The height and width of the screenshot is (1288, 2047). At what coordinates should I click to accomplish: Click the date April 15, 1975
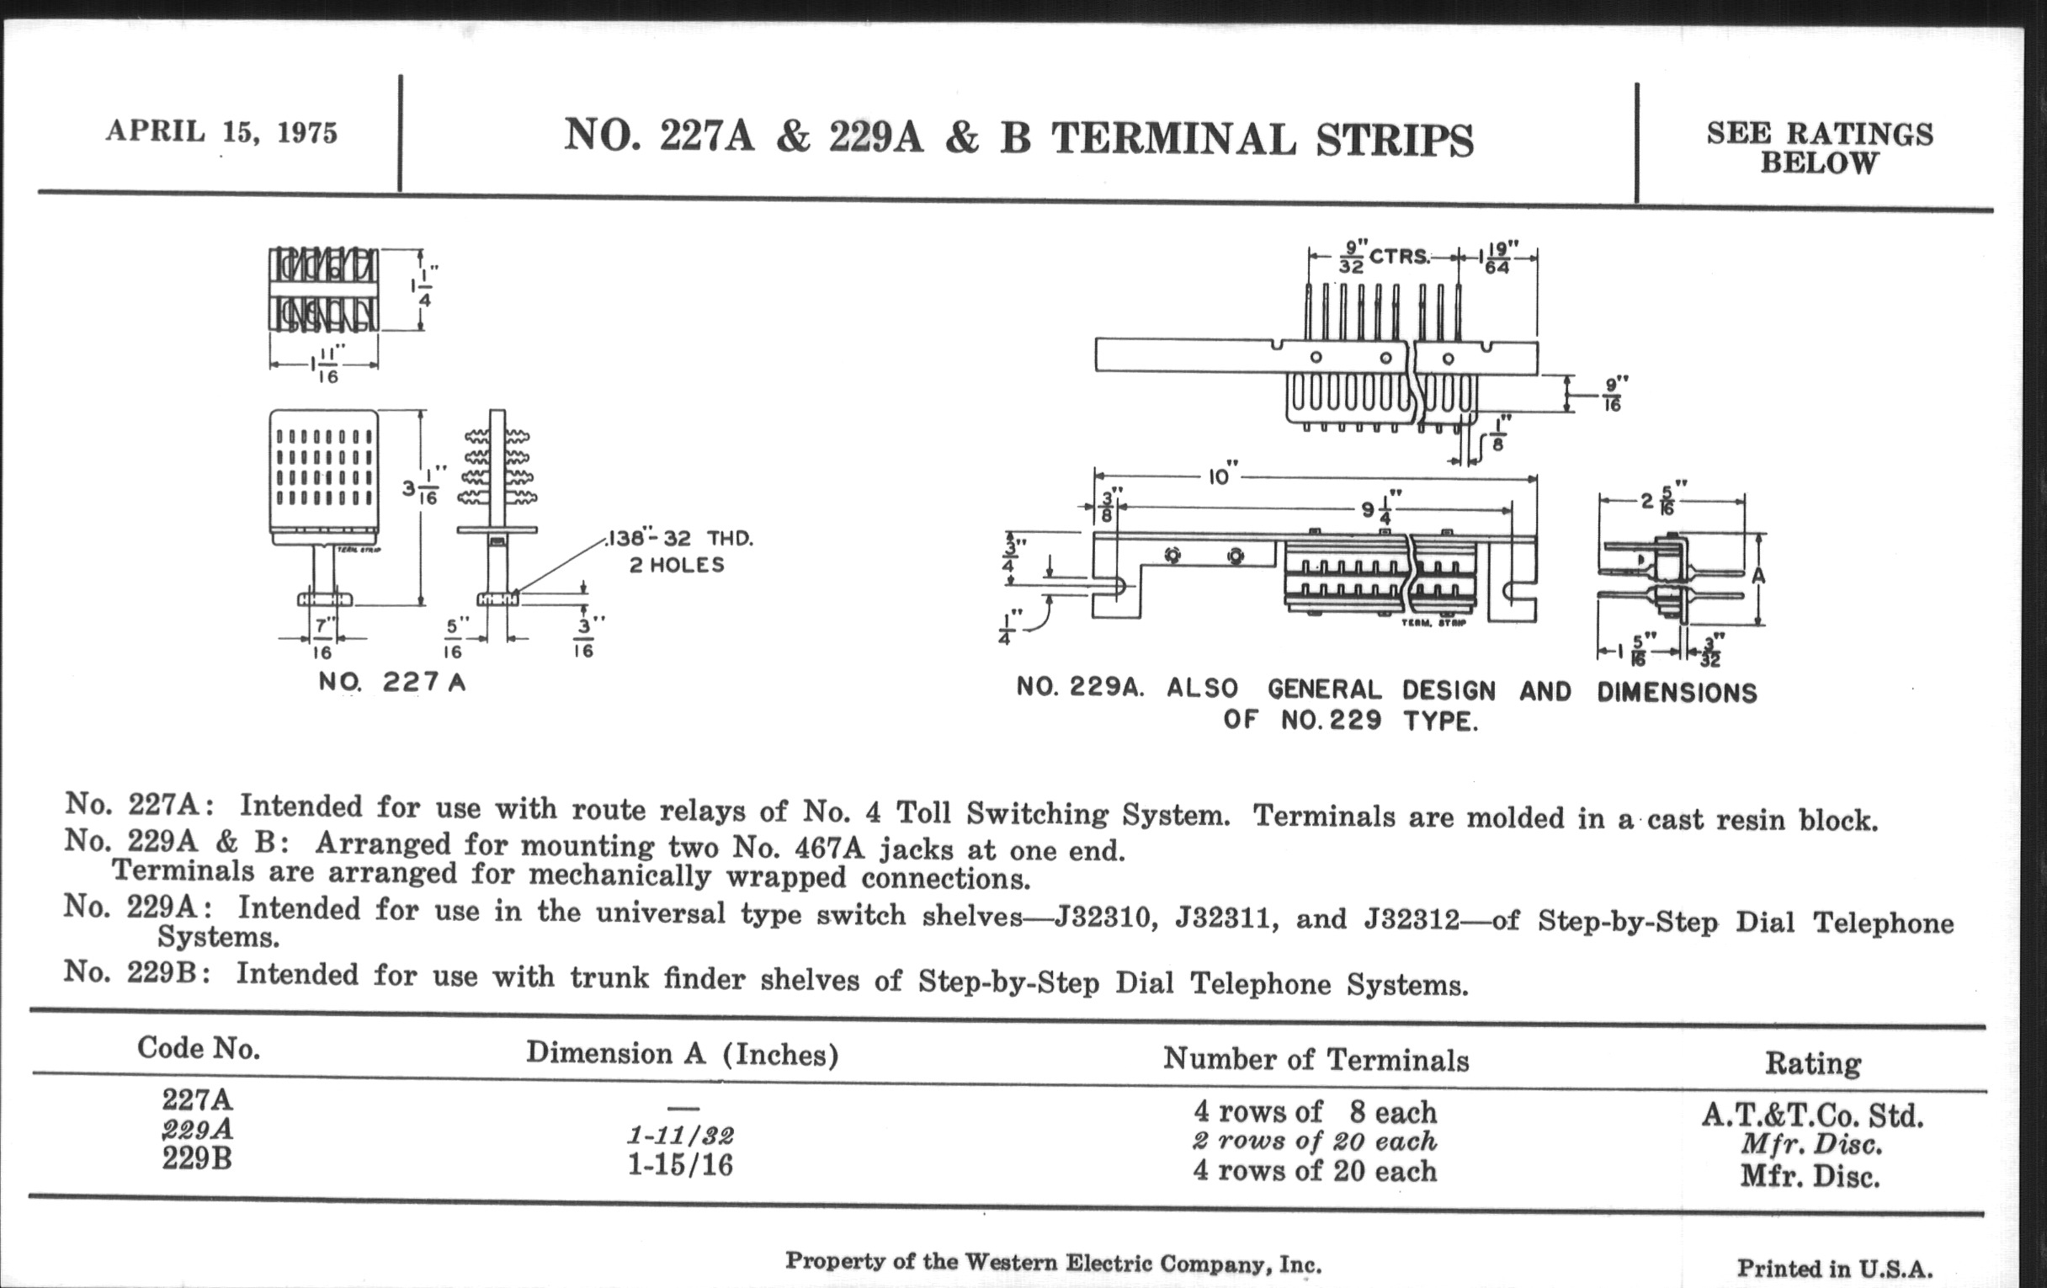click(222, 132)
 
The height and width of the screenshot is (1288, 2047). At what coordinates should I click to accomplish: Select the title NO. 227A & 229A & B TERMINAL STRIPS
click(1018, 138)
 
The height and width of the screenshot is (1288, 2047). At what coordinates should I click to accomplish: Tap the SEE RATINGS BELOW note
click(1819, 147)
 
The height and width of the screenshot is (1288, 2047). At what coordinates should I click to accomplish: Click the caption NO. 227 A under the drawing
click(392, 682)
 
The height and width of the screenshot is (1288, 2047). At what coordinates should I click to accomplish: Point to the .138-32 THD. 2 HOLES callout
click(679, 551)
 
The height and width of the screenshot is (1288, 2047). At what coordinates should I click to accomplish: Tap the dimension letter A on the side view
click(1758, 576)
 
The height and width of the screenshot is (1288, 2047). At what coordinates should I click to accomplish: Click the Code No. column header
click(198, 1048)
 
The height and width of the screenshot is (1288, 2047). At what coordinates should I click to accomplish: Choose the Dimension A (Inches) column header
click(682, 1054)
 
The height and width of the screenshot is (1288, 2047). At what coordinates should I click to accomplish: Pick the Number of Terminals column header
click(1316, 1059)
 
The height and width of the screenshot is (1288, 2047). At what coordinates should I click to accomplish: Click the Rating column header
click(1813, 1063)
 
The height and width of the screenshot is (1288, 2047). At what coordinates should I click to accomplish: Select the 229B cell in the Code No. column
click(197, 1158)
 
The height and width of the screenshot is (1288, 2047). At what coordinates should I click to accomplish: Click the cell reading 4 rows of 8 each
click(1315, 1112)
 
